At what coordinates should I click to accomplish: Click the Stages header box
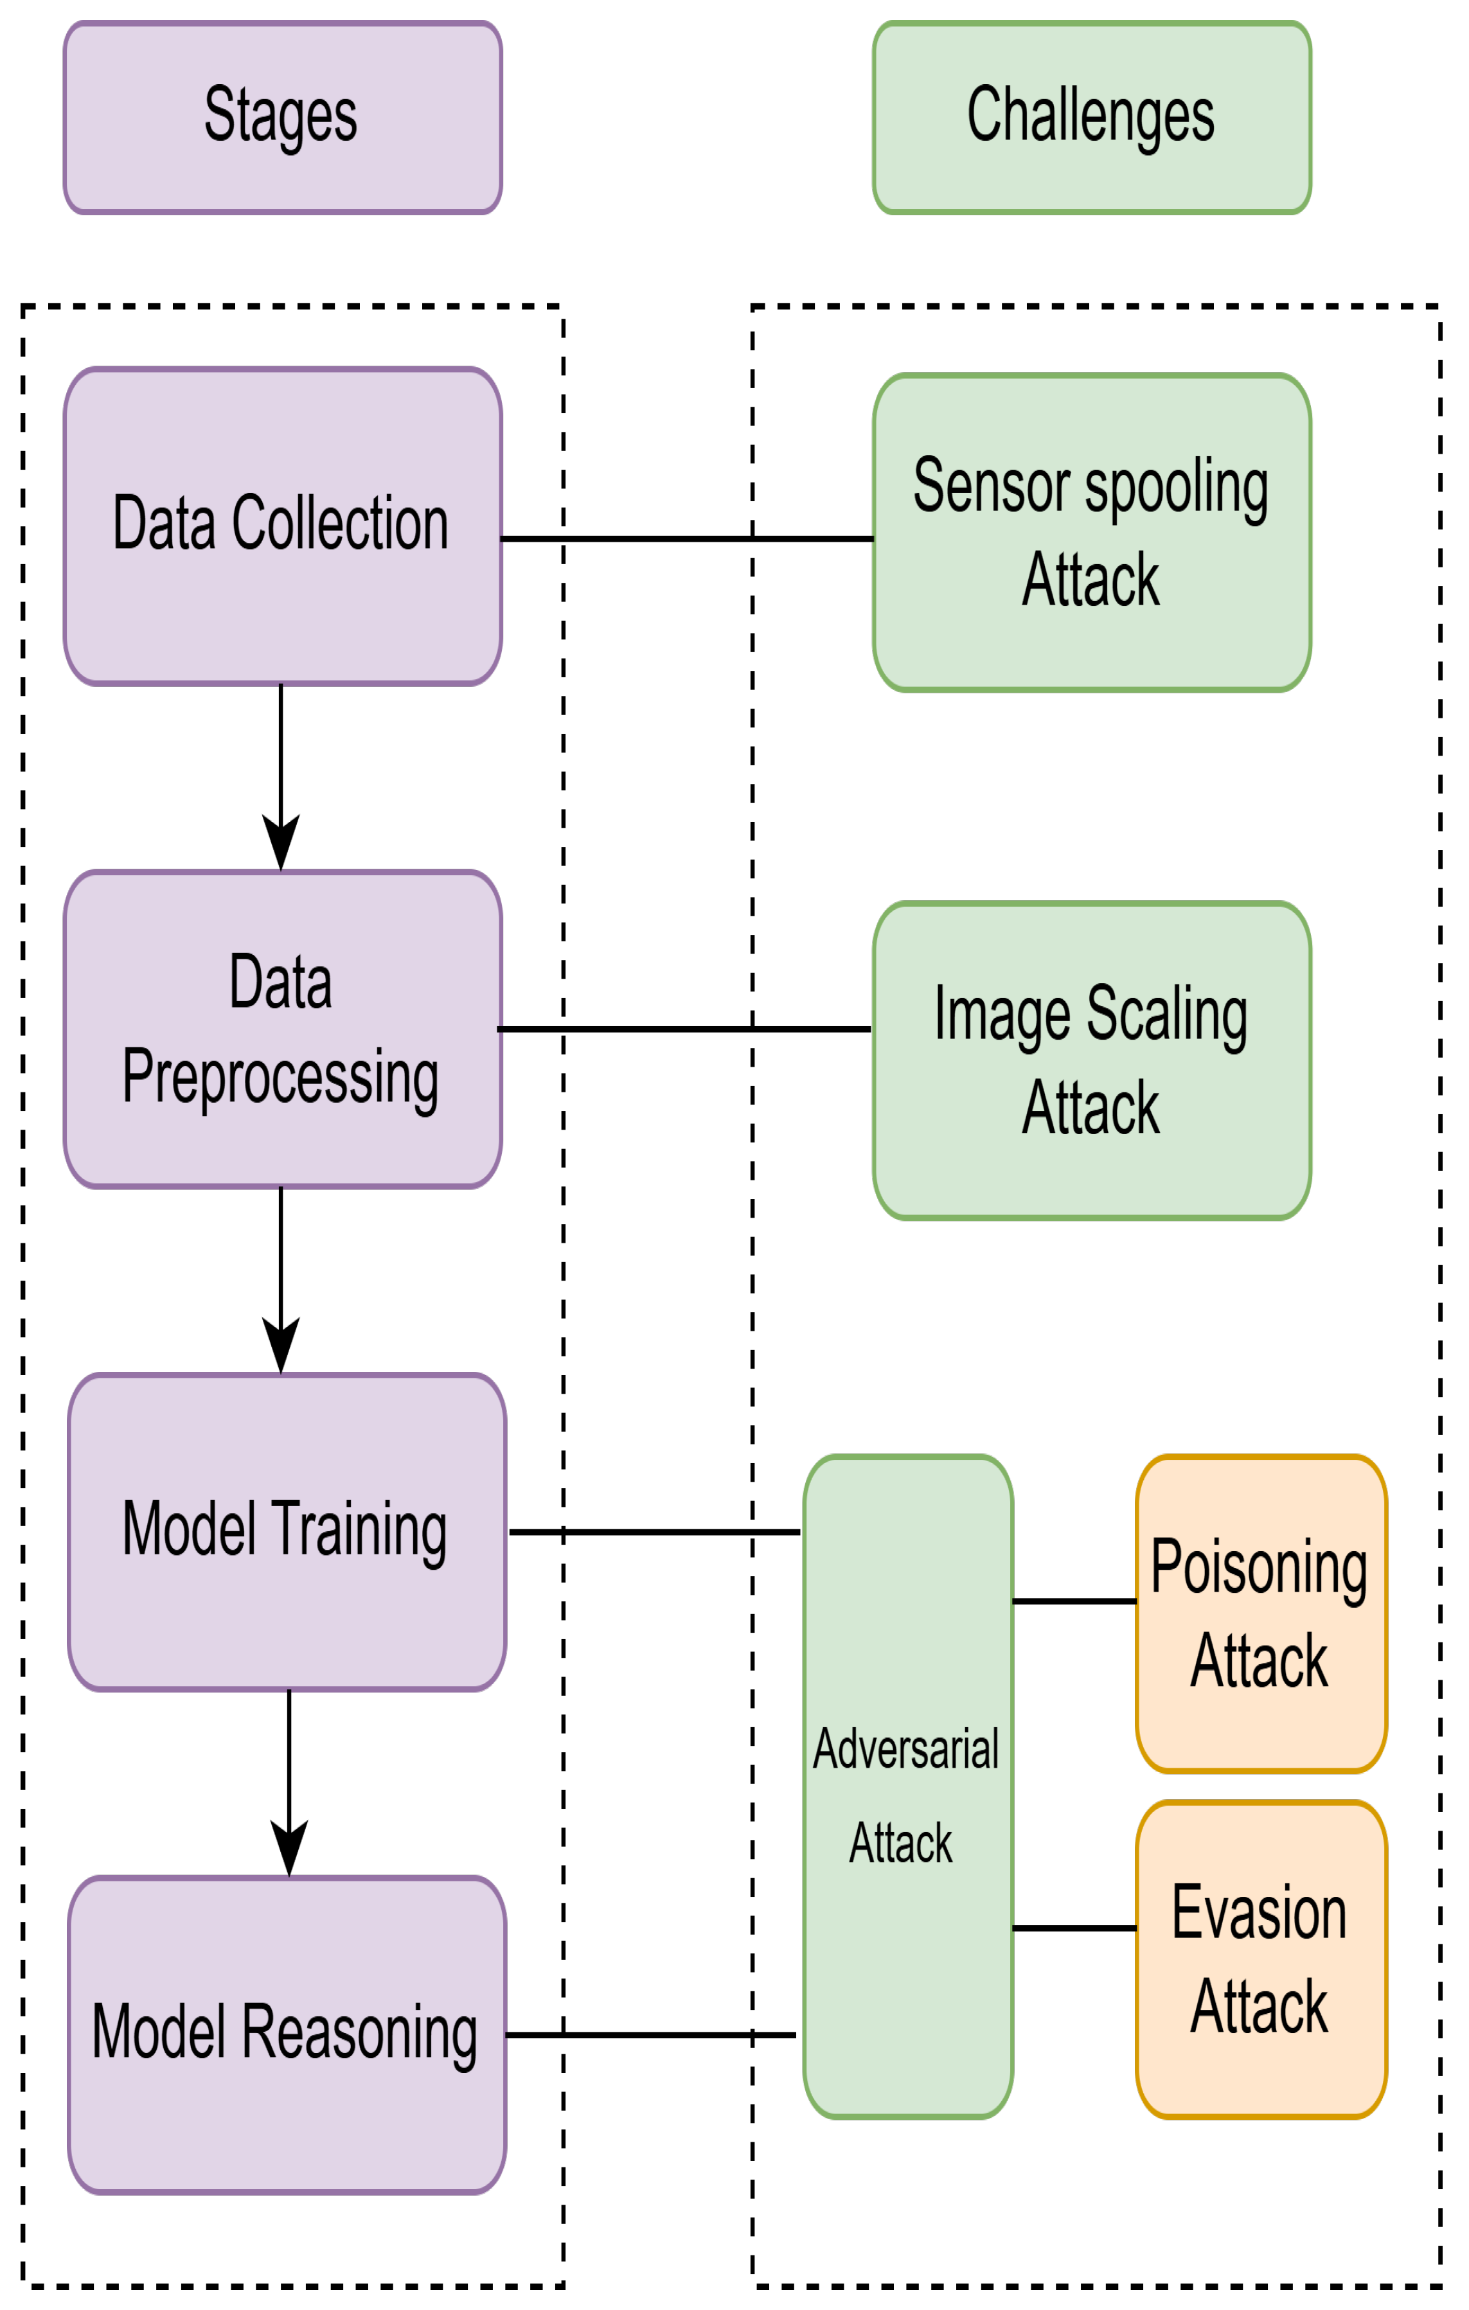[282, 117]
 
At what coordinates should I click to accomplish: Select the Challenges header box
[1091, 117]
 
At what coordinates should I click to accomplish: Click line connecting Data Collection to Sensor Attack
[687, 539]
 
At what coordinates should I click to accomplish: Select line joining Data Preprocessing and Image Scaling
[683, 1029]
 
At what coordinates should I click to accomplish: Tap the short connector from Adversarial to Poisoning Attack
[1074, 1601]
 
